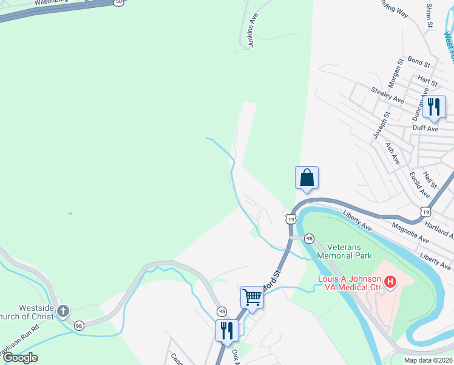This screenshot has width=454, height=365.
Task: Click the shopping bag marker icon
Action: click(307, 178)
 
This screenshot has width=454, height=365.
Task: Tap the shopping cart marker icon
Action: click(252, 297)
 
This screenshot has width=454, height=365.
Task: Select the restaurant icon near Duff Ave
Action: click(434, 107)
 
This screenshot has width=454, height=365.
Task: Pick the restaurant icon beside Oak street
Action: click(227, 331)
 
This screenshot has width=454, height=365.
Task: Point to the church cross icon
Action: click(63, 312)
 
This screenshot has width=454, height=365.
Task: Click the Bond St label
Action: click(419, 63)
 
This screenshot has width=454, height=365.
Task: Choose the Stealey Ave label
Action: click(388, 94)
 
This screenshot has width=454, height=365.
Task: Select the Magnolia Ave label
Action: click(411, 232)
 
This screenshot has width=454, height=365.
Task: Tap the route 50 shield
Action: click(118, 2)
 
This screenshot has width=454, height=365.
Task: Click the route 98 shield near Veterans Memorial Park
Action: click(309, 238)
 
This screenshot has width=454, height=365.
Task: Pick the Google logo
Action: click(21, 358)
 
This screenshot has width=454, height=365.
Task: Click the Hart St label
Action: click(428, 80)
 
